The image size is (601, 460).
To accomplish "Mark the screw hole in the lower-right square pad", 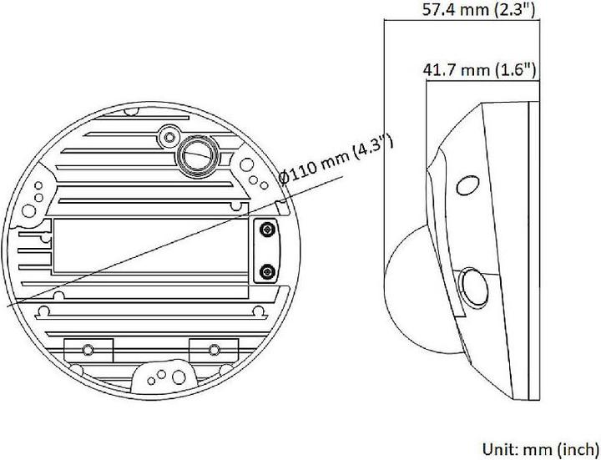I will pyautogui.click(x=215, y=348).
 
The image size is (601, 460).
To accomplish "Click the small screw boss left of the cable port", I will pyautogui.click(x=169, y=134).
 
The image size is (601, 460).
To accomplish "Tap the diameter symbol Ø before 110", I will pyautogui.click(x=285, y=178).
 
